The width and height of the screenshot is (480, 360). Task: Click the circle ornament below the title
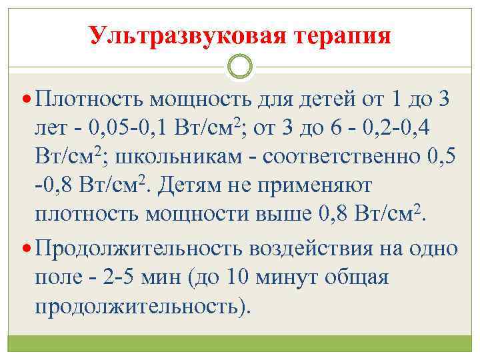[x=240, y=66]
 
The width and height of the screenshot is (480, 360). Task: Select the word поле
[x=61, y=277]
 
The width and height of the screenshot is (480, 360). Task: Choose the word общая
[x=357, y=277]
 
